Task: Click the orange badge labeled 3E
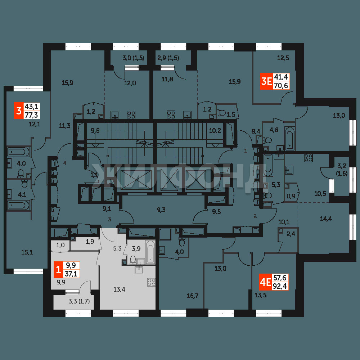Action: [266, 81]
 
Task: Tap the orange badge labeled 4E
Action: [265, 282]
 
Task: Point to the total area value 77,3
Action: [31, 114]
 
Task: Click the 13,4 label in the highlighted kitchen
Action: [120, 289]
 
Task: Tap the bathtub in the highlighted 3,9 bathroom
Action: [150, 252]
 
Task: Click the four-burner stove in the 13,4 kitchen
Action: [152, 282]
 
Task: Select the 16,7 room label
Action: [192, 296]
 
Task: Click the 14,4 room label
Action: [326, 219]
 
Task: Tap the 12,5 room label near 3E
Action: [283, 58]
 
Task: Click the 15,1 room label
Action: [27, 253]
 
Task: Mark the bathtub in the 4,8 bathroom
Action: [289, 138]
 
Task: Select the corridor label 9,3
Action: [161, 210]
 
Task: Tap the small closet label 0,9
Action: [291, 197]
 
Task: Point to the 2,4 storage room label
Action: [291, 234]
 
